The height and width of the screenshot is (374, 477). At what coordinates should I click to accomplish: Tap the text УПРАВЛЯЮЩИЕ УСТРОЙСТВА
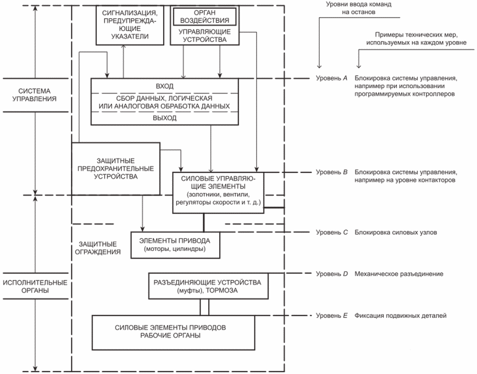click(x=205, y=36)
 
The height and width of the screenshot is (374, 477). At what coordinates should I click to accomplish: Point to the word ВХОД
click(x=165, y=86)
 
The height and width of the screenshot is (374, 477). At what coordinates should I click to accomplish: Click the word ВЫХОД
click(x=165, y=118)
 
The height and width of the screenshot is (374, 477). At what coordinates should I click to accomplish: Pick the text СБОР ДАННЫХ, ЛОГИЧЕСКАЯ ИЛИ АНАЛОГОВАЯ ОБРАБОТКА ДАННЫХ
click(x=164, y=102)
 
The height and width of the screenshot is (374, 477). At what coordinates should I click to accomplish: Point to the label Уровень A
click(x=332, y=78)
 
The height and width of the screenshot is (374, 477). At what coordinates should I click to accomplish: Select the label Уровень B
click(x=332, y=172)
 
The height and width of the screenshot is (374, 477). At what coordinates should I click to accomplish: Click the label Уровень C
click(x=332, y=232)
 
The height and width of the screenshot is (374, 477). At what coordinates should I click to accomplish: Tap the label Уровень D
click(x=332, y=274)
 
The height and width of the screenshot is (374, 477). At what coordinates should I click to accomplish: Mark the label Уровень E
click(x=332, y=315)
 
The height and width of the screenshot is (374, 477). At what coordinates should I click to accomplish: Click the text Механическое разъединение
click(x=399, y=274)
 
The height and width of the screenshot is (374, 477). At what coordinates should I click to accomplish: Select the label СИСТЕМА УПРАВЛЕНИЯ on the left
click(x=35, y=95)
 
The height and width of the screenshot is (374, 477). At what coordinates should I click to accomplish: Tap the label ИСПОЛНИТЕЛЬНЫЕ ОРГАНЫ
click(x=35, y=286)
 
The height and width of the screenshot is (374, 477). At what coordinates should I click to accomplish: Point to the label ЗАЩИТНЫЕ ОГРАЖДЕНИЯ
click(x=98, y=248)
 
